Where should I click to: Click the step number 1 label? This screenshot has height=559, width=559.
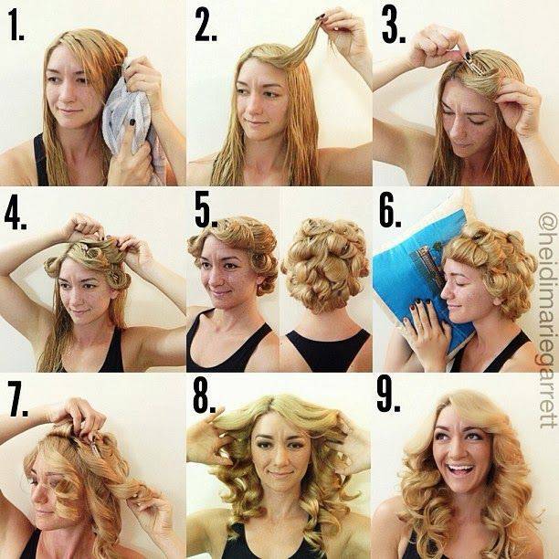[x=16, y=24]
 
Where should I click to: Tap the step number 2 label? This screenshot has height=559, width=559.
[x=206, y=24]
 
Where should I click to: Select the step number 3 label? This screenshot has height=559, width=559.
[x=394, y=25]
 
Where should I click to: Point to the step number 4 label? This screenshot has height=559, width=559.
[x=16, y=212]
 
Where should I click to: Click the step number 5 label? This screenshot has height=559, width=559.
[x=206, y=210]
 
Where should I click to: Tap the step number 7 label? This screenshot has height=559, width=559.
[x=18, y=399]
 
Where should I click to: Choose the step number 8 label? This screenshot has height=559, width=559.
[x=205, y=396]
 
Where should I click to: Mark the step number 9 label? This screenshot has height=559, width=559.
[x=388, y=396]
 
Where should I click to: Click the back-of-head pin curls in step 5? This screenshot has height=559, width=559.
[x=325, y=264]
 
